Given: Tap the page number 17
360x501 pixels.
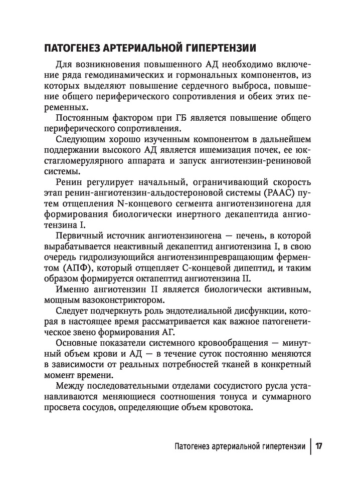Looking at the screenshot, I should point(319,445).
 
